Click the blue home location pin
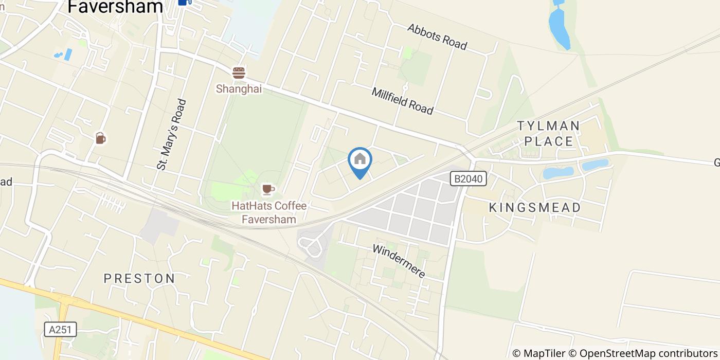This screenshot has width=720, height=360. tap(360, 160)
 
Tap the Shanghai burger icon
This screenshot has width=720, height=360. tap(239, 73)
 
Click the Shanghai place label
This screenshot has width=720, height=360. tap(239, 89)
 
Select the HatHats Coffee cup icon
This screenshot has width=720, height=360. tap(267, 190)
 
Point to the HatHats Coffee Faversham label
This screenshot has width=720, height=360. tap(269, 212)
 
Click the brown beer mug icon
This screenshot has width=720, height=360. tap(100, 138)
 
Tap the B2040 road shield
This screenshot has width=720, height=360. tap(468, 179)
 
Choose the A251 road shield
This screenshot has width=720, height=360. tap(60, 330)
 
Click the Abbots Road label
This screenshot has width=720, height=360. tap(437, 37)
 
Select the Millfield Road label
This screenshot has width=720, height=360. tap(402, 100)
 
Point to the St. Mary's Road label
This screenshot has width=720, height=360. tap(172, 134)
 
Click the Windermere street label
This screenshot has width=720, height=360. tap(399, 261)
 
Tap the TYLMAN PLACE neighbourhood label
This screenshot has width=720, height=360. tap(548, 133)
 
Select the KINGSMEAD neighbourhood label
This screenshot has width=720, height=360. tap(535, 208)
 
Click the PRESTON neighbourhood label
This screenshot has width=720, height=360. tap(139, 279)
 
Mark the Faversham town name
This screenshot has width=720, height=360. tap(115, 7)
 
